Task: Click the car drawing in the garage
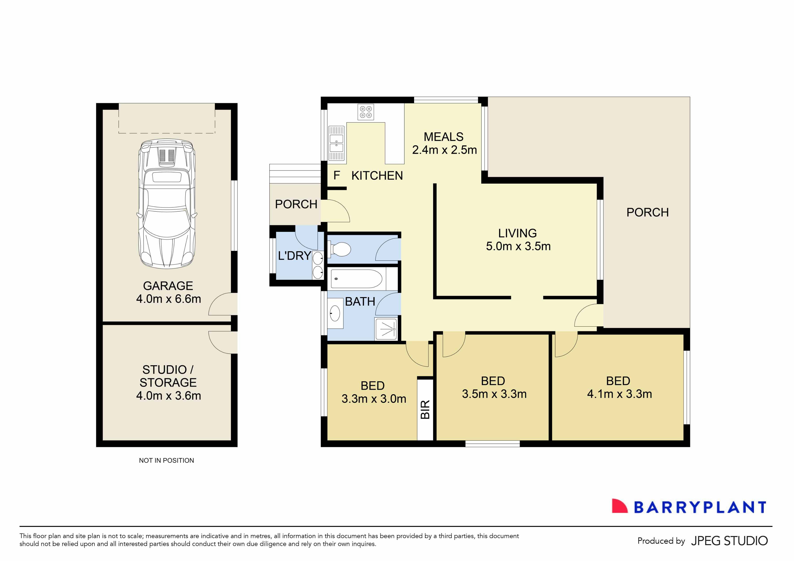tap(167, 204)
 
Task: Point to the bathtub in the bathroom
tap(356, 279)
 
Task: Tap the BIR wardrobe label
tap(425, 409)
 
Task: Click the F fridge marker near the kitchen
tap(337, 176)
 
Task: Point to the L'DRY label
tap(294, 256)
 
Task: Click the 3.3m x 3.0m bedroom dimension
tap(374, 399)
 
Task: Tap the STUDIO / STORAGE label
tap(168, 376)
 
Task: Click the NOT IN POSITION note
tap(166, 460)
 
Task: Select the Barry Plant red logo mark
tap(619, 506)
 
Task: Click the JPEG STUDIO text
tap(729, 541)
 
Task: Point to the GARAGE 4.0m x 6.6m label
tap(168, 292)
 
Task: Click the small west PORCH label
tap(296, 204)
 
